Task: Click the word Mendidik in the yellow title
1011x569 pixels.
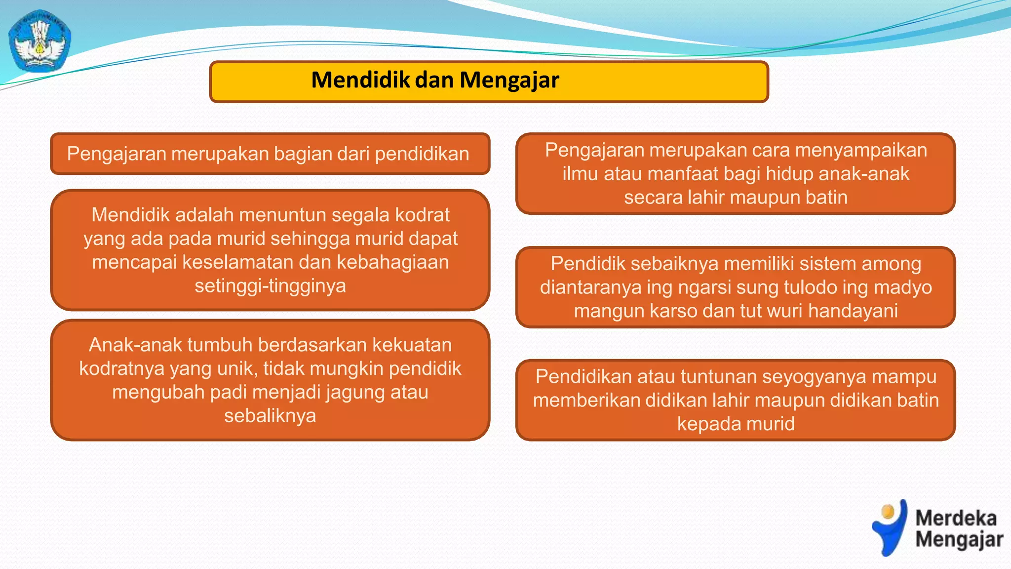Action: pos(360,80)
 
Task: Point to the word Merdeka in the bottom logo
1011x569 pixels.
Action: pos(956,518)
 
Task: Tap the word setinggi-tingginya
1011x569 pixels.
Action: pos(270,286)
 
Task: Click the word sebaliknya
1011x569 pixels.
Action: pos(270,416)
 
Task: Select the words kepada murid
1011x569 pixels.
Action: pos(736,424)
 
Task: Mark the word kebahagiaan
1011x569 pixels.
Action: pos(392,262)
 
